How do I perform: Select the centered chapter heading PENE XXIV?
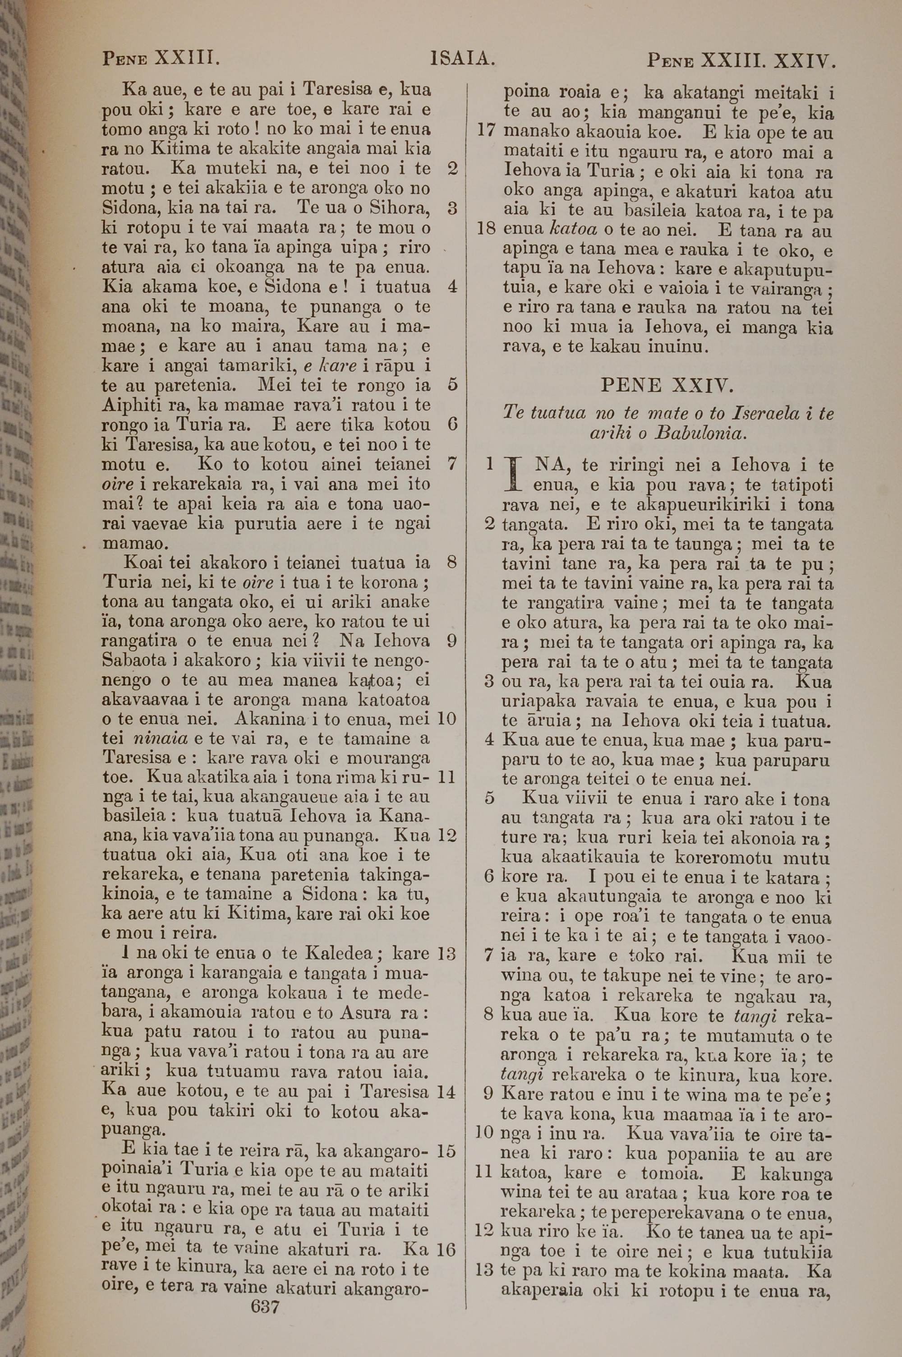click(667, 385)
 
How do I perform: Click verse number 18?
click(487, 229)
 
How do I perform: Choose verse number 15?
click(446, 1150)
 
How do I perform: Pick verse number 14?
click(446, 1091)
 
